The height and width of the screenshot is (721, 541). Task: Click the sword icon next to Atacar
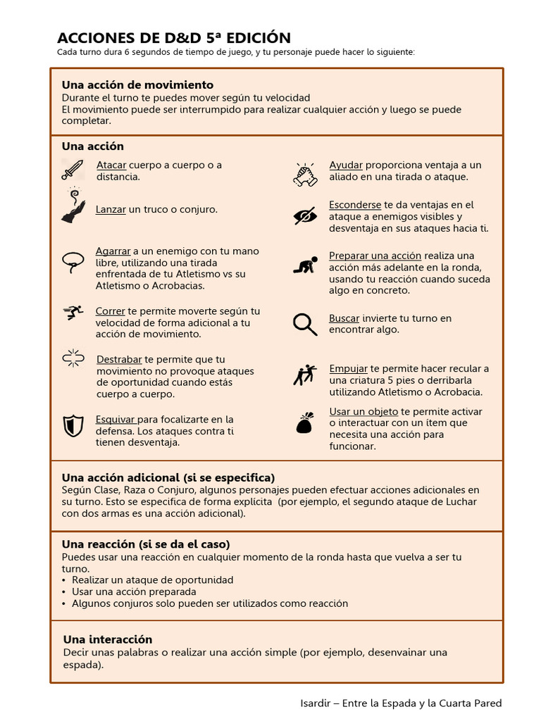[73, 170]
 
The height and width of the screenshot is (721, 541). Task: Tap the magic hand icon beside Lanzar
[73, 207]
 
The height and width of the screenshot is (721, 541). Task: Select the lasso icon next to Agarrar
[73, 262]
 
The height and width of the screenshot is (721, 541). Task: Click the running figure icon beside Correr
[73, 313]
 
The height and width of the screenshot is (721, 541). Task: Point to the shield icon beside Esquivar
[73, 425]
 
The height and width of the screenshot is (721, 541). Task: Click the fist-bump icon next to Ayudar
[305, 173]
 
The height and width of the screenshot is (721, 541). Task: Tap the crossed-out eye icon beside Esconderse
[305, 215]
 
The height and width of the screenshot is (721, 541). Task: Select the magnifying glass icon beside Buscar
[305, 324]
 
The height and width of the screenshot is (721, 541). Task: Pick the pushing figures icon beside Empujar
[305, 375]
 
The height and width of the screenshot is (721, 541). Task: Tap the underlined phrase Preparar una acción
[365, 256]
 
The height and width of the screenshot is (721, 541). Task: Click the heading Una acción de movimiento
[137, 85]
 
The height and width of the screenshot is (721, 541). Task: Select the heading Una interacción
[108, 639]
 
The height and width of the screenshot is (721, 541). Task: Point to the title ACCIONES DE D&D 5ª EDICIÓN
[173, 38]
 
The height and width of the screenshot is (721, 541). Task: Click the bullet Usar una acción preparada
[134, 591]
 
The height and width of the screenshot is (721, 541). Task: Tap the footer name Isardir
[314, 703]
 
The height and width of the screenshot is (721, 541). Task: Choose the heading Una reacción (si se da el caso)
[146, 544]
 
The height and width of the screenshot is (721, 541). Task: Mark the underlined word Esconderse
[355, 205]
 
